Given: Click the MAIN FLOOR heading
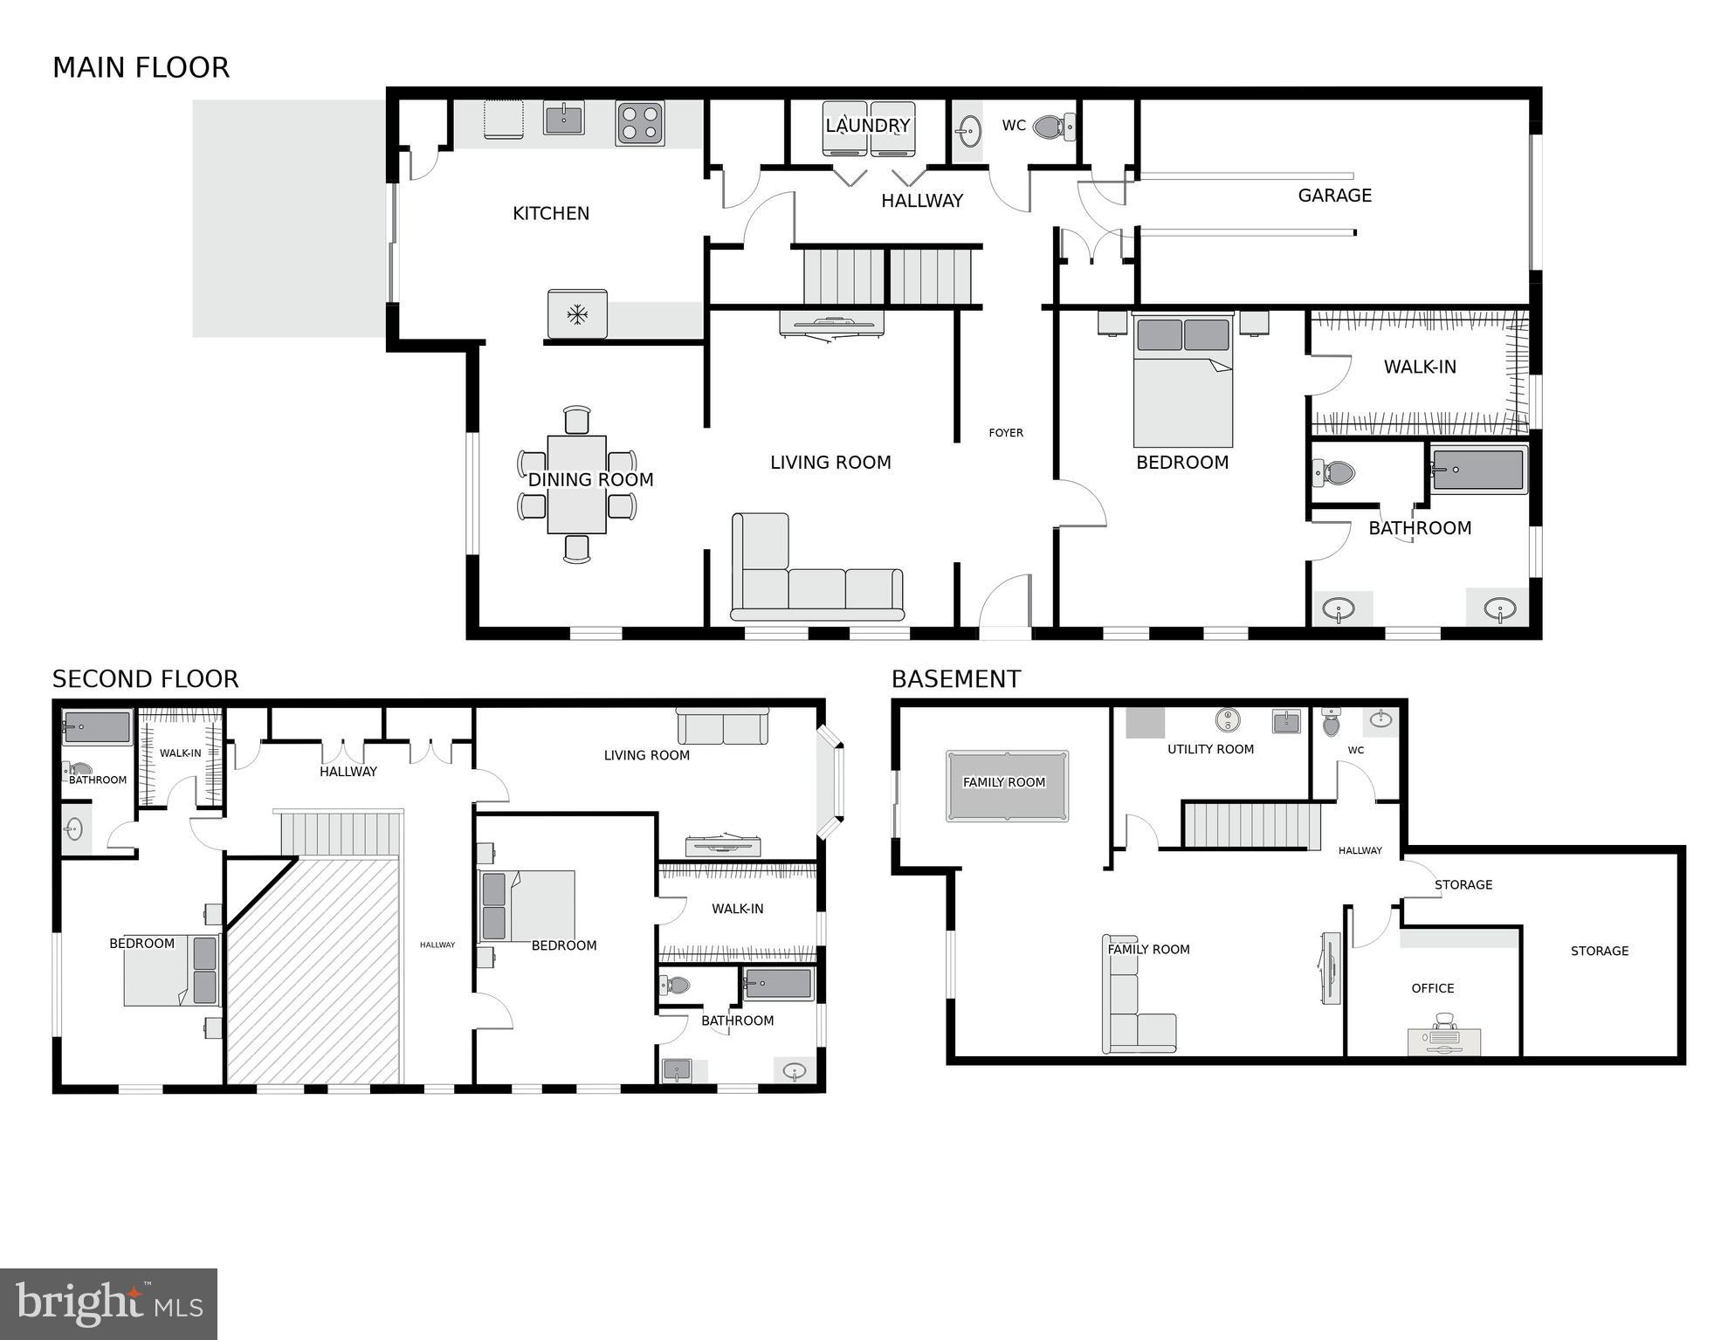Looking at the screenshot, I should click(141, 68).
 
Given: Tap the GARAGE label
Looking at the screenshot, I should click(1334, 196).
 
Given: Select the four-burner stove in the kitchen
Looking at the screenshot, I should click(639, 123).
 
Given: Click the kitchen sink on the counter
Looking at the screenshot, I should click(563, 118).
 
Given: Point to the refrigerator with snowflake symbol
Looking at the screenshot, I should click(576, 314).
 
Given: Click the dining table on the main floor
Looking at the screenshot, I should click(576, 484).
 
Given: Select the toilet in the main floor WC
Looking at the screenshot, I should click(1052, 127).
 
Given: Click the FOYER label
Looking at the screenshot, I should click(1005, 433).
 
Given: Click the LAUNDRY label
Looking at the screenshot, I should click(867, 126).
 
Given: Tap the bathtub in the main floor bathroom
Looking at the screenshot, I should click(1477, 470).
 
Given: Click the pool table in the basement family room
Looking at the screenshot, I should click(1006, 786).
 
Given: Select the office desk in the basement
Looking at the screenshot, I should click(1443, 1041).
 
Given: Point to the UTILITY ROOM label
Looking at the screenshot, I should click(1210, 749).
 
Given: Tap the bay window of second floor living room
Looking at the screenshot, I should click(831, 781).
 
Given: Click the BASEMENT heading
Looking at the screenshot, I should click(955, 679).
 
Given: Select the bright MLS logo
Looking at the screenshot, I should click(108, 1304).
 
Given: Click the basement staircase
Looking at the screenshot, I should click(1250, 826).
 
